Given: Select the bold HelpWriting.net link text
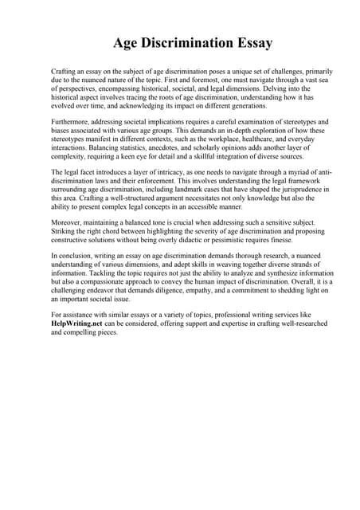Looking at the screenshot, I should point(77,325).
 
